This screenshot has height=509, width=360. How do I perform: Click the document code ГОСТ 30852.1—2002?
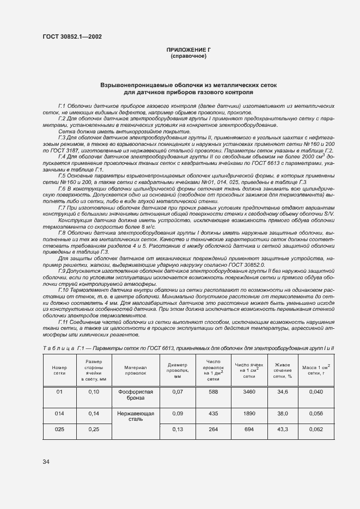pyautogui.click(x=72, y=38)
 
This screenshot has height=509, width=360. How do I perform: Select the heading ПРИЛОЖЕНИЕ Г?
pyautogui.click(x=188, y=50)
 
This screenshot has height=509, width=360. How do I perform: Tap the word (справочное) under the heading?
pyautogui.click(x=188, y=56)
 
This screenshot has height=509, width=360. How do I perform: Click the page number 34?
pyautogui.click(x=46, y=462)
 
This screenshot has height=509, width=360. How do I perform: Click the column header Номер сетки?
pyautogui.click(x=59, y=367)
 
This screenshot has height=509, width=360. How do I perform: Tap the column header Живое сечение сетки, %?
pyautogui.click(x=282, y=367)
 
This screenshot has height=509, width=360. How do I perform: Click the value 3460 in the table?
pyautogui.click(x=249, y=391)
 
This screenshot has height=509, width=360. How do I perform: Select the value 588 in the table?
pyautogui.click(x=212, y=391)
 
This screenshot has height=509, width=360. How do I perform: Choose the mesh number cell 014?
pyautogui.click(x=59, y=413)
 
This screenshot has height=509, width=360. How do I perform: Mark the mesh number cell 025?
pyautogui.click(x=59, y=430)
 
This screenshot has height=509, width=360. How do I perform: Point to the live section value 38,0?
pyautogui.click(x=282, y=413)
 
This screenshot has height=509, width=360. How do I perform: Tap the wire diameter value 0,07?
pyautogui.click(x=177, y=391)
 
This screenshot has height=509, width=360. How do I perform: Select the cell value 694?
pyautogui.click(x=249, y=430)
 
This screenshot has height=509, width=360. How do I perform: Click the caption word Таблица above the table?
pyautogui.click(x=57, y=347)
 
